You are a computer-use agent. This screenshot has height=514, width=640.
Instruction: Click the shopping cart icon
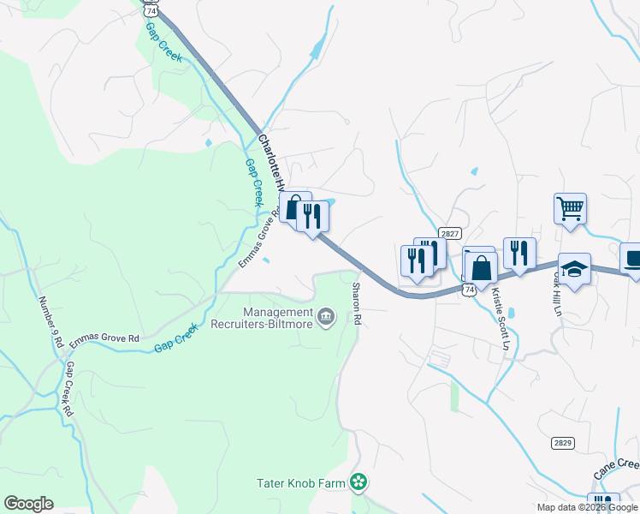pos(570,208)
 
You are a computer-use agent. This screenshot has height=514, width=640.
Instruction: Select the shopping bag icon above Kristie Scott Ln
pos(482,267)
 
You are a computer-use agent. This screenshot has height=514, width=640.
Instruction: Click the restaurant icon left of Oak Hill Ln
pos(519,253)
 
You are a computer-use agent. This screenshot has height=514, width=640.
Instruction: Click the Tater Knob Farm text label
pos(301,483)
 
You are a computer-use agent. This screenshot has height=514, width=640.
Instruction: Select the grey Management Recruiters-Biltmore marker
pos(326,318)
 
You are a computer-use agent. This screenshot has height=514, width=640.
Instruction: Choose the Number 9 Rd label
pos(51,321)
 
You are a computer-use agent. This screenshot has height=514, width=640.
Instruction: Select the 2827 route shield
pos(450,233)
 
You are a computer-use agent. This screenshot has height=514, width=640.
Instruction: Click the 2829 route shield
pos(562,442)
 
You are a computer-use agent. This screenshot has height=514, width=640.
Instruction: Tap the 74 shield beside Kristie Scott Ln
pos(469,290)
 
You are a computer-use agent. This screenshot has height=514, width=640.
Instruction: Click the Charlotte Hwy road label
pos(271,160)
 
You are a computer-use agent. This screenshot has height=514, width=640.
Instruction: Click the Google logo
pos(28,504)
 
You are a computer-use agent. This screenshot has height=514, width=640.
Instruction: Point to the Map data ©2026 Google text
pos(587,507)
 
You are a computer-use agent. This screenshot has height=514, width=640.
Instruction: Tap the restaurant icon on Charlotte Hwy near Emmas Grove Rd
pos(312,217)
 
